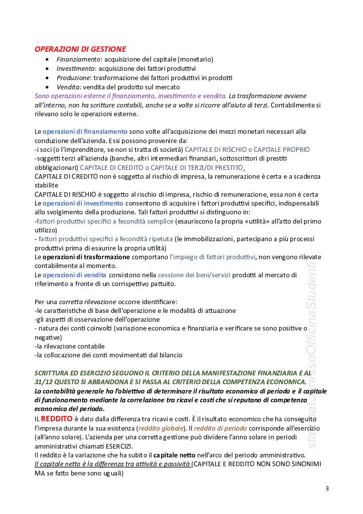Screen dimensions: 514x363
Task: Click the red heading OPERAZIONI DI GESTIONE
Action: point(80,49)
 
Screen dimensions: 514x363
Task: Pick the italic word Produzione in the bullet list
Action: point(72,78)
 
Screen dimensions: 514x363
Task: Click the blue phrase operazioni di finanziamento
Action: point(85,131)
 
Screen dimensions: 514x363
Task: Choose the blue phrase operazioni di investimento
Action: point(83,203)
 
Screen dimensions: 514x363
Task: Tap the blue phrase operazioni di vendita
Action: point(74,275)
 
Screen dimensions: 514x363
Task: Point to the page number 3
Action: point(327,489)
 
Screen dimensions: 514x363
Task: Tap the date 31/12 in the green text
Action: point(44,382)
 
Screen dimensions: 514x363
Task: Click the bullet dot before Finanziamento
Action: point(46,59)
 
